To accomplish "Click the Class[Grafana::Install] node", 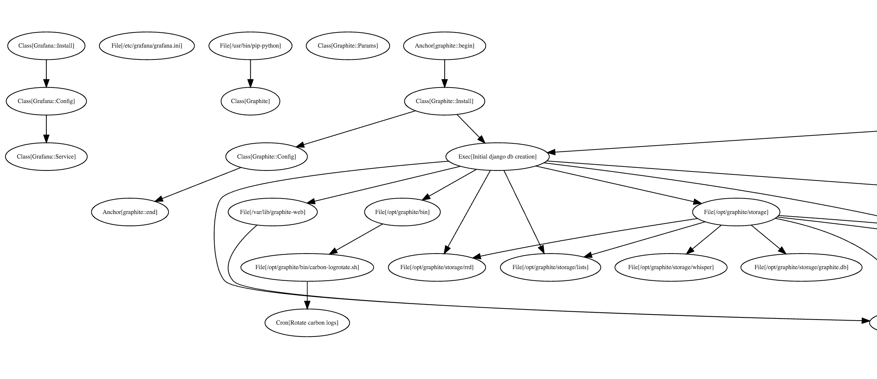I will (x=46, y=46).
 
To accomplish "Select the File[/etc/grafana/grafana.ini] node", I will (x=147, y=46).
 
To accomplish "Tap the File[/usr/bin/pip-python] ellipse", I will (x=250, y=46).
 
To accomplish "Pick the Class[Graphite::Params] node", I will (x=348, y=46).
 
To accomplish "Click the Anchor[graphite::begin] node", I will (x=445, y=46).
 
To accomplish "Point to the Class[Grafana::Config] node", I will (x=46, y=101).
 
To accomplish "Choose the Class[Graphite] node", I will (x=250, y=101).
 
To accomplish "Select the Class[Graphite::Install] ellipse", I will (x=445, y=101).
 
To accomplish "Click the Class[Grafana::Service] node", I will (x=46, y=157).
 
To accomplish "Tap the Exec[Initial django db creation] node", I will (x=497, y=157).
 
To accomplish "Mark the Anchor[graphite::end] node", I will (x=130, y=212).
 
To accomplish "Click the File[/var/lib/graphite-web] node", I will (x=273, y=212).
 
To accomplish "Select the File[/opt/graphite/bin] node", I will (x=402, y=212).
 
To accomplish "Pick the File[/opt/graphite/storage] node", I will (x=736, y=212).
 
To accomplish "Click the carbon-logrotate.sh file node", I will (x=307, y=267).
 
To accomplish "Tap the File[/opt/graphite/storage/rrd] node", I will (x=437, y=267).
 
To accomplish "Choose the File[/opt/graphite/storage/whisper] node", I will (x=671, y=267).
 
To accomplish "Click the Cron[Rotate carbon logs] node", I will (x=307, y=323).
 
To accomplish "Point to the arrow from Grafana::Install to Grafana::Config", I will (x=46, y=73).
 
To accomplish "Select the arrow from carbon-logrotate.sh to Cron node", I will (x=307, y=295).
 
